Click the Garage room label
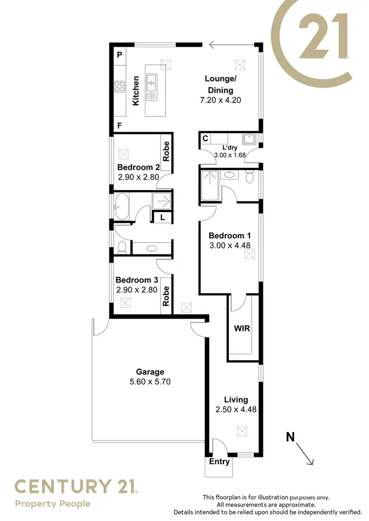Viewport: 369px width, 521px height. pos(150,372)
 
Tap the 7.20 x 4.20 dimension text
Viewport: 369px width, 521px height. pos(221,100)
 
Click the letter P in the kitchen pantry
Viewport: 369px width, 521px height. pos(119,55)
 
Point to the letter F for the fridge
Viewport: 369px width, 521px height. pos(119,126)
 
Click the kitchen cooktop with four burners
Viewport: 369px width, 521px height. pos(120,87)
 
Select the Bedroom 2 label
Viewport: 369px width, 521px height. pos(138,167)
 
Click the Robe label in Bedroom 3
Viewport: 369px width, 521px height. pos(166,297)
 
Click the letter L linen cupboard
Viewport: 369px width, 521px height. pos(162,217)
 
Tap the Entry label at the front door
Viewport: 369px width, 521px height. pos(219,462)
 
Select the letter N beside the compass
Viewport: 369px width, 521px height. pos(291,436)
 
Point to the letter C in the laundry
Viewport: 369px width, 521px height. pos(205,139)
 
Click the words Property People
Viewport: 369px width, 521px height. pos(53,503)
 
